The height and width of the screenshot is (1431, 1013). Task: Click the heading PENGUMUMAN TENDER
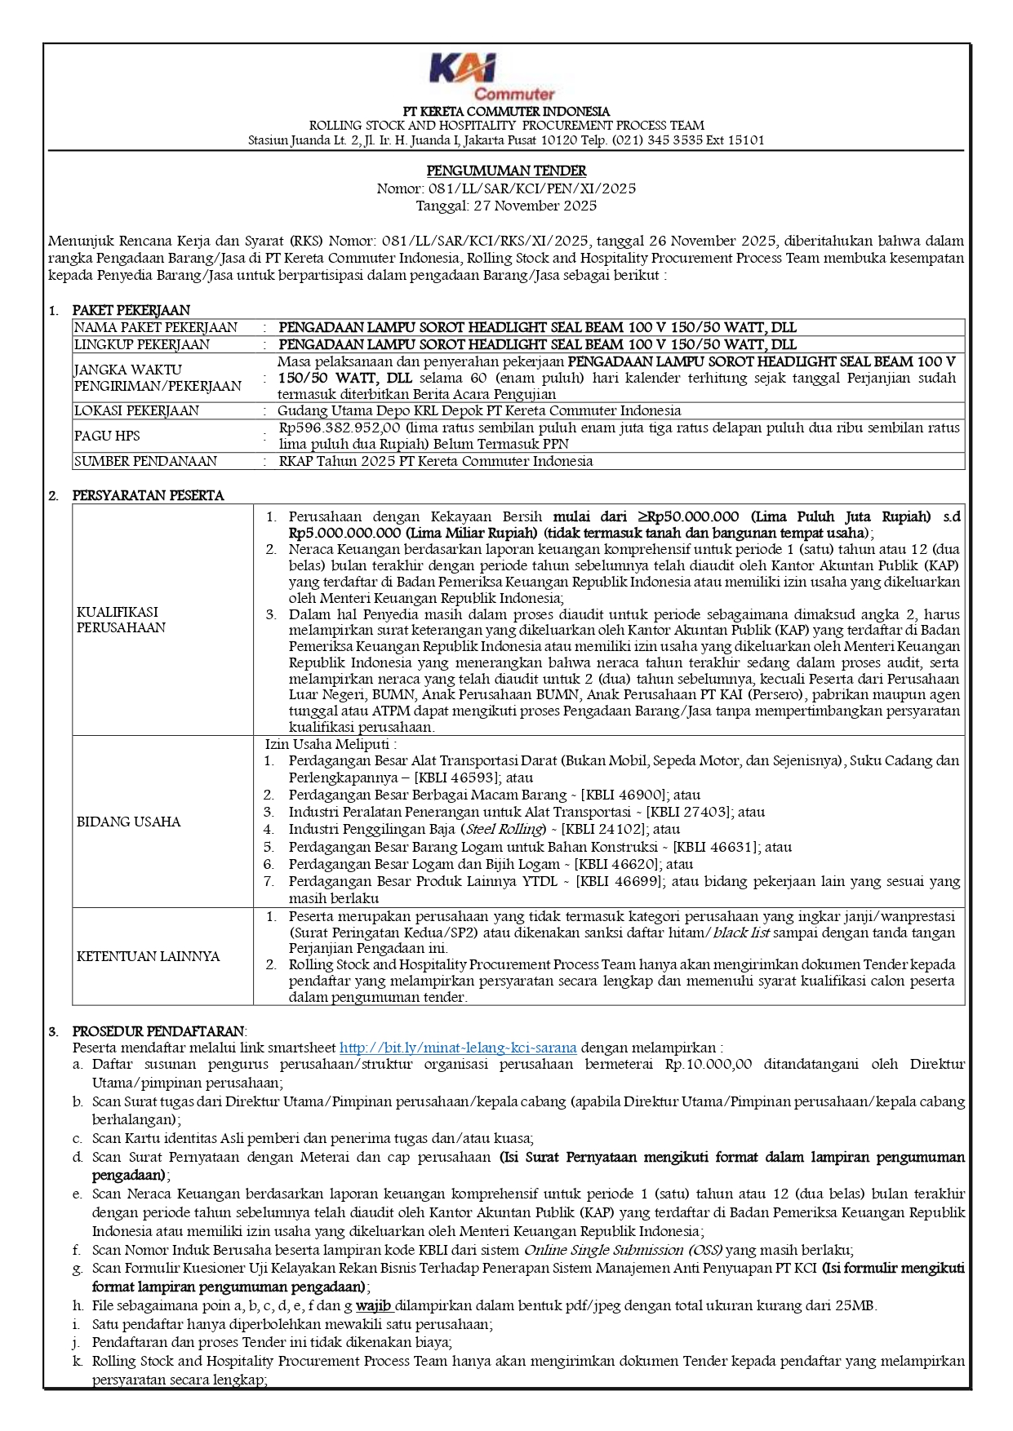506,171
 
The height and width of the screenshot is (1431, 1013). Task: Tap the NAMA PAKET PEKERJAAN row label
156,327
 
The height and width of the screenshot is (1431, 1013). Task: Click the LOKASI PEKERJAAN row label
136,410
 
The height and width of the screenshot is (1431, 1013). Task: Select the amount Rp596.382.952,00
340,428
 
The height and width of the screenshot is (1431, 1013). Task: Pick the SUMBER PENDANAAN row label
145,461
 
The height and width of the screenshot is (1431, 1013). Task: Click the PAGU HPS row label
107,436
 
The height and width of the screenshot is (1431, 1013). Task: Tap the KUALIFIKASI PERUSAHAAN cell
121,619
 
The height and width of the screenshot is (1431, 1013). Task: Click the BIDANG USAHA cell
128,822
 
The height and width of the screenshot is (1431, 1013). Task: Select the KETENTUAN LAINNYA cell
148,956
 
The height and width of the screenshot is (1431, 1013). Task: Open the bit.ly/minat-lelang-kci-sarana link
458,1048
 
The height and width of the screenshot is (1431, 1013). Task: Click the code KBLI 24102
603,829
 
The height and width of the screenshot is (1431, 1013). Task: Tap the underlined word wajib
374,1305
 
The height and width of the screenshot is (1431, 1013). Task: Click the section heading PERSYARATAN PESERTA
148,495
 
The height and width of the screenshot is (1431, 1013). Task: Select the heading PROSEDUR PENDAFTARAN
158,1031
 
